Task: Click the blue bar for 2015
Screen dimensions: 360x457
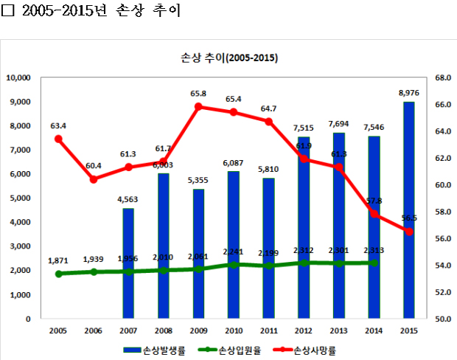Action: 408,210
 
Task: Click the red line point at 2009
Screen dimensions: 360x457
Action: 198,106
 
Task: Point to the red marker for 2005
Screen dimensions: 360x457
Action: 59,139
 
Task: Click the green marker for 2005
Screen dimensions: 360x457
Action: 59,274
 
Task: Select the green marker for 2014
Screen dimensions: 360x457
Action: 373,263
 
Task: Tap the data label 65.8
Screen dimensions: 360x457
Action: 198,94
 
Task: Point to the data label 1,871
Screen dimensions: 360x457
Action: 59,261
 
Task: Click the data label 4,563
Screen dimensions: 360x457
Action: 128,198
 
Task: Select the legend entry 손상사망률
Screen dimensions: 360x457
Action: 313,350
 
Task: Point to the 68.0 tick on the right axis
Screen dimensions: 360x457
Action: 442,77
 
